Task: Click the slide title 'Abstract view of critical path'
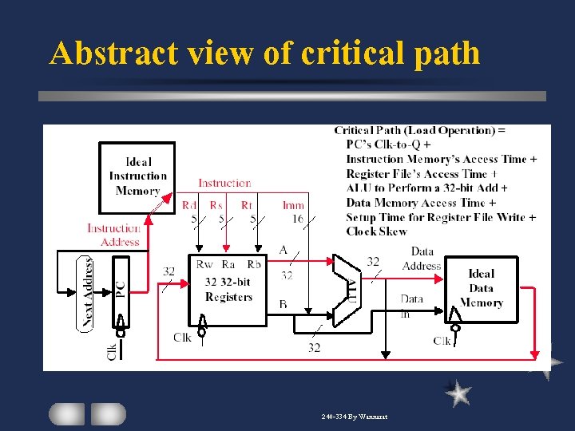point(264,53)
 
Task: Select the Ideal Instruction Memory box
point(137,176)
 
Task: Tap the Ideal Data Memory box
point(481,288)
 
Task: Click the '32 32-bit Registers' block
point(228,288)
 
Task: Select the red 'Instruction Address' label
point(113,235)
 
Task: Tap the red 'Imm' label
point(293,205)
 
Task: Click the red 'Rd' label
point(189,205)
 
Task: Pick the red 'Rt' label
point(247,205)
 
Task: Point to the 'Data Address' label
point(422,259)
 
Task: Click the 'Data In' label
point(412,306)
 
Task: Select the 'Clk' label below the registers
point(182,338)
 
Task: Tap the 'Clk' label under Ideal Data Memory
point(442,342)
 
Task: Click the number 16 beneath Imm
point(296,218)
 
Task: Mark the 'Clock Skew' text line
point(376,231)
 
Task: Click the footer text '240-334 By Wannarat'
point(355,417)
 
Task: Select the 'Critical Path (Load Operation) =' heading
point(420,130)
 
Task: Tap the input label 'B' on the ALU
point(284,304)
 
